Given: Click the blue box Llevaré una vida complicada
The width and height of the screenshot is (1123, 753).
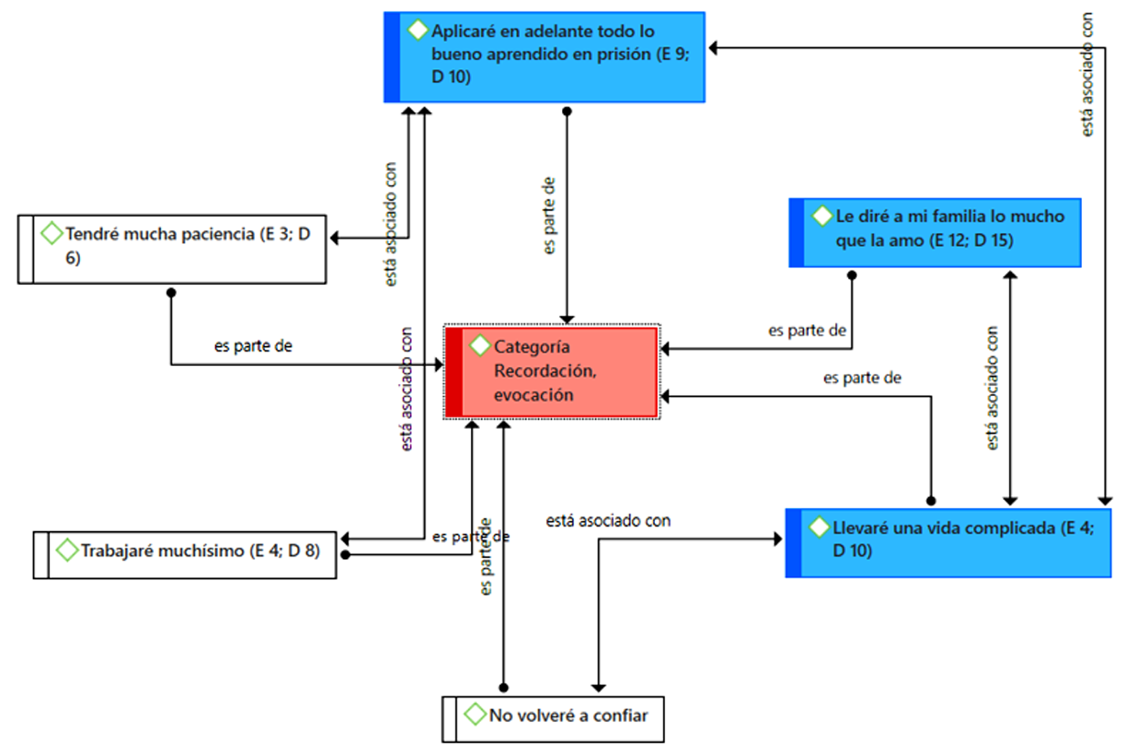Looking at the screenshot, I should point(947,543).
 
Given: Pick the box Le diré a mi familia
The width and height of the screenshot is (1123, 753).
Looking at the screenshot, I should point(934,232).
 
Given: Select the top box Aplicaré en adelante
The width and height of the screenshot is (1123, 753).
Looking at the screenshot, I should point(545,56).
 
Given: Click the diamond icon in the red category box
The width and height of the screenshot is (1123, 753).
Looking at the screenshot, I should point(479,346).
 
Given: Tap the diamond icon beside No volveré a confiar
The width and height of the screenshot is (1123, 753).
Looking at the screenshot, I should point(475,715).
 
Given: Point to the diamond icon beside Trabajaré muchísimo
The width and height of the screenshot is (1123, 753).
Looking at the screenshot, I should point(66,550).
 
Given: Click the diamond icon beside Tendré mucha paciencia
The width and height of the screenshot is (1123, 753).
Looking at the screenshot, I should point(51,234).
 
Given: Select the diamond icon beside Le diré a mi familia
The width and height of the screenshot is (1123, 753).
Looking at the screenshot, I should point(822,217).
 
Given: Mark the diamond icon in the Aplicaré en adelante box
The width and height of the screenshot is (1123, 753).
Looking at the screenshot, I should point(417,30).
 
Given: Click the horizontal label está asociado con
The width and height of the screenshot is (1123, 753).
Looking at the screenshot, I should point(608,521).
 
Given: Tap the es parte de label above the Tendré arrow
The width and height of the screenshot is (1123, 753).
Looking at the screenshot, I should point(252,346).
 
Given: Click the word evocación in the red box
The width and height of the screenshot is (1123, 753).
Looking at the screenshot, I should point(534,395).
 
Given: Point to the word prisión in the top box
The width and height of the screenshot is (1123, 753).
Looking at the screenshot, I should point(622,55).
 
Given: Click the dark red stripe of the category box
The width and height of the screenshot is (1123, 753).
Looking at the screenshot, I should point(454,372).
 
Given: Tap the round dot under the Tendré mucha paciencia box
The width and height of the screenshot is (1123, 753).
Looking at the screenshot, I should point(170,292).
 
